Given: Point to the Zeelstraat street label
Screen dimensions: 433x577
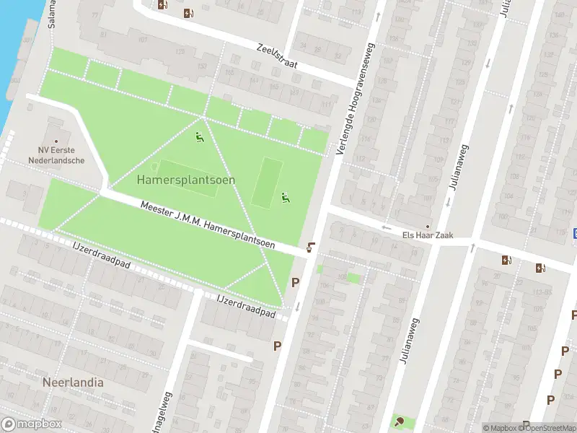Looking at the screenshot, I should [x=277, y=57].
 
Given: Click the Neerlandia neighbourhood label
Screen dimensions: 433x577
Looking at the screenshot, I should [x=73, y=382].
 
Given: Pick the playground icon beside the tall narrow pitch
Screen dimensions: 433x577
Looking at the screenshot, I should [x=285, y=196].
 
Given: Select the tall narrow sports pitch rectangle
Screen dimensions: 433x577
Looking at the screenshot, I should [x=267, y=182].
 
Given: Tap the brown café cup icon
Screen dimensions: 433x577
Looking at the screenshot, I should [x=310, y=248].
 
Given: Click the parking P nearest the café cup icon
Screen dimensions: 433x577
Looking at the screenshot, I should [x=295, y=282].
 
